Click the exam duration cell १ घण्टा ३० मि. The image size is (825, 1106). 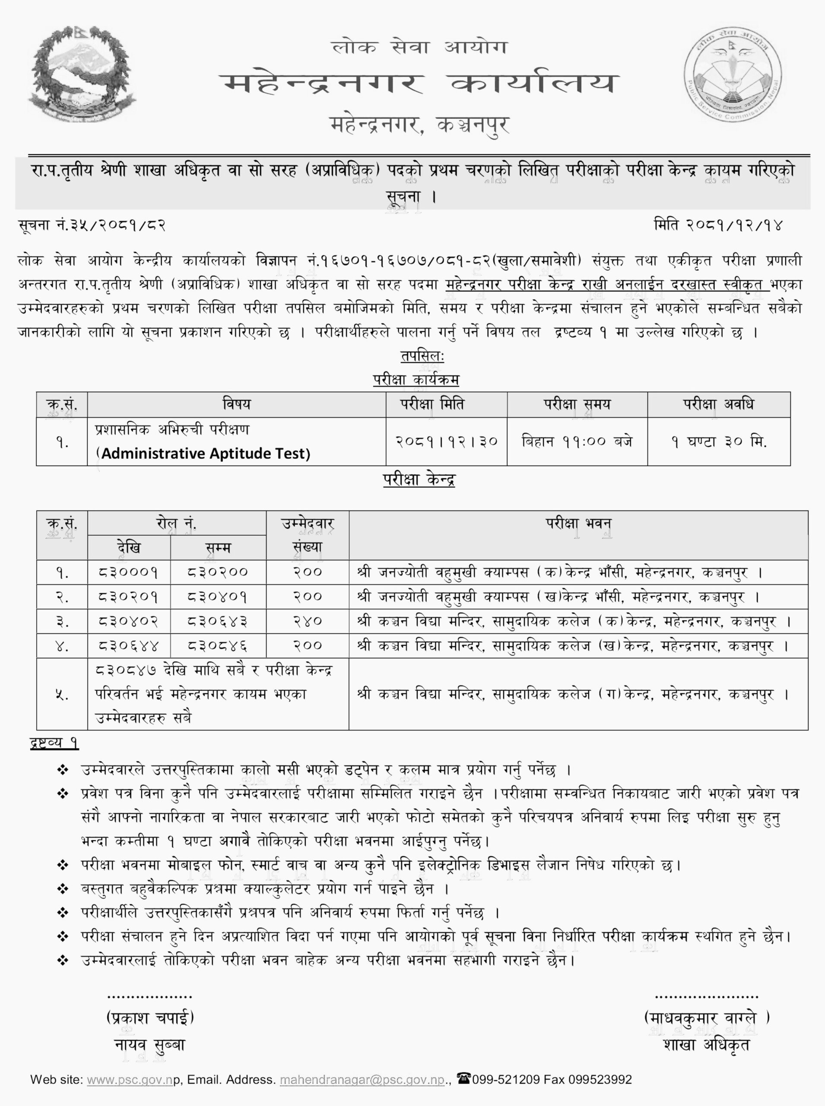(719, 442)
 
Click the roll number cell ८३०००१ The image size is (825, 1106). (129, 572)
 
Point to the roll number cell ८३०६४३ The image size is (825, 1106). (218, 621)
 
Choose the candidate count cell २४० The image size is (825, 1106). (307, 621)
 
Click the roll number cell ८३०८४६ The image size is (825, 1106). (218, 646)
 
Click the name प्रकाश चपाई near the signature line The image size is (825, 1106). (150, 1017)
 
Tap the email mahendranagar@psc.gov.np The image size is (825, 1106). (362, 1080)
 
